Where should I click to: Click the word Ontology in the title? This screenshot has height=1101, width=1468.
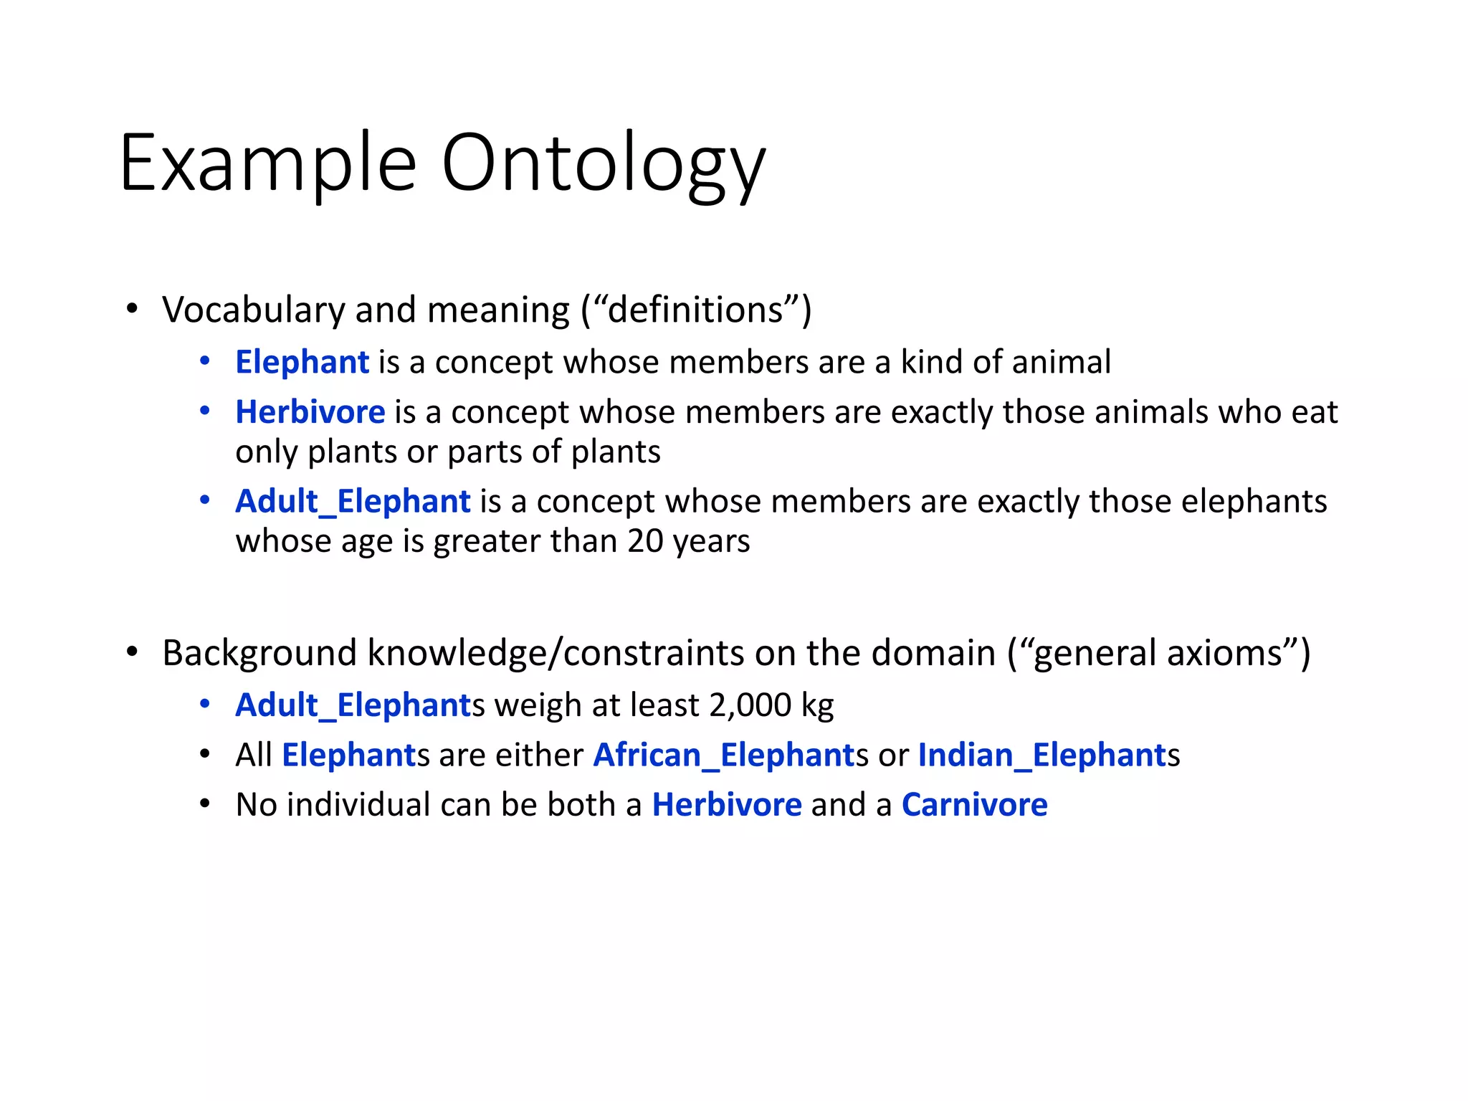(x=603, y=163)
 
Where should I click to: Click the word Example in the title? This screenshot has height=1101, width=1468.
(x=267, y=163)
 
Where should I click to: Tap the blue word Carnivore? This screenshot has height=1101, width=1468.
(x=974, y=804)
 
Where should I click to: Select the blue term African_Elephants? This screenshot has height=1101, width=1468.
(x=724, y=755)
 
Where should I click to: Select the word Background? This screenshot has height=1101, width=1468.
(x=259, y=653)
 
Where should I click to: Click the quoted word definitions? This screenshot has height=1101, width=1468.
(x=695, y=310)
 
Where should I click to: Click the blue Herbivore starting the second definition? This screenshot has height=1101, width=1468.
(x=310, y=412)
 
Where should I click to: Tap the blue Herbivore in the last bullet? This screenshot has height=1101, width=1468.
(x=727, y=804)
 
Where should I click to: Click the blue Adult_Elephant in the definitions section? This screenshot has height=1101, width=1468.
(x=353, y=501)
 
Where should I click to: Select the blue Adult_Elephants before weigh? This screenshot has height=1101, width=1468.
(x=355, y=705)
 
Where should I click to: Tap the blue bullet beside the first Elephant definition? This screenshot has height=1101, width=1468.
(x=205, y=361)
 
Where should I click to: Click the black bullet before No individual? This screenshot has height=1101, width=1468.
(x=205, y=804)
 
